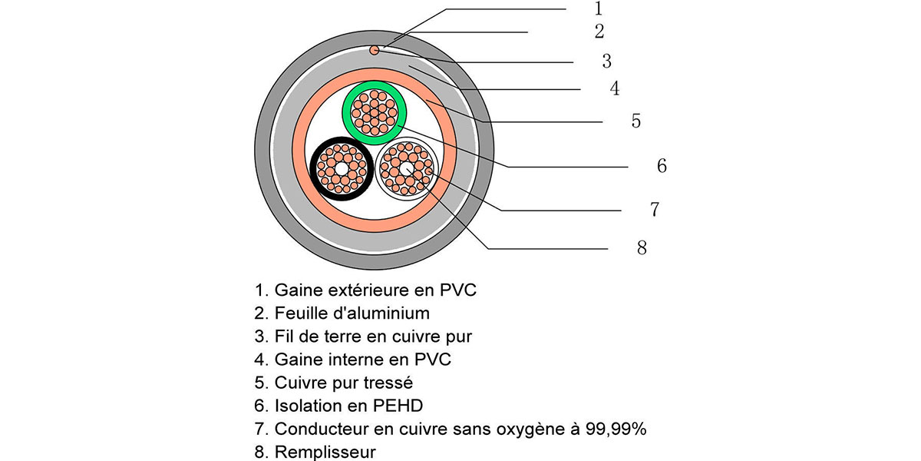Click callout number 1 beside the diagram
pos(599,8)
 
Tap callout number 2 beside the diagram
pos(599,32)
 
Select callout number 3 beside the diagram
pos(607,61)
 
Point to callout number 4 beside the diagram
pos(615,88)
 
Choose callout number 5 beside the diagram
pos(636,121)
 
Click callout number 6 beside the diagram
pos(662,165)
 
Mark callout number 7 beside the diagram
pos(655,209)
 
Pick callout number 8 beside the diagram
pos(642,247)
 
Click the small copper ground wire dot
pos(375,50)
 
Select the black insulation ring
pos(314,169)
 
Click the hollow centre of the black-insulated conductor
pos(342,169)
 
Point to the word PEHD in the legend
pos(398,406)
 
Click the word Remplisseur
pos(325,452)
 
